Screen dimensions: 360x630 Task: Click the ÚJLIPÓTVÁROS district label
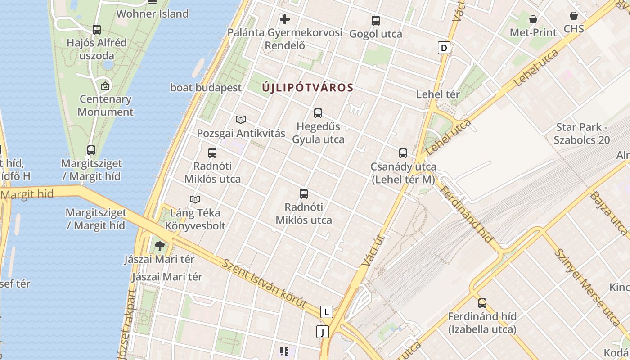click(x=308, y=88)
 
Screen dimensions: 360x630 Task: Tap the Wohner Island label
click(x=152, y=13)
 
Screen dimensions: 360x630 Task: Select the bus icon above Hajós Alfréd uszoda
click(x=97, y=30)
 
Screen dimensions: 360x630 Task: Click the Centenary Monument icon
click(x=105, y=85)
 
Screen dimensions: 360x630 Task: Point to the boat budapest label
click(x=206, y=88)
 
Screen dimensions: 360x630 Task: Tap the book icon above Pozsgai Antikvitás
click(x=241, y=120)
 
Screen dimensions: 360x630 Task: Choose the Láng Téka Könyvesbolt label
click(x=195, y=219)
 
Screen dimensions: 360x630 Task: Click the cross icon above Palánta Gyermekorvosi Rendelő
click(x=285, y=19)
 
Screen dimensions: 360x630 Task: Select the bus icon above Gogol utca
click(x=376, y=21)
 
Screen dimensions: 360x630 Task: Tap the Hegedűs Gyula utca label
click(x=318, y=133)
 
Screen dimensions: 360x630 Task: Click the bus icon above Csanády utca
click(x=403, y=153)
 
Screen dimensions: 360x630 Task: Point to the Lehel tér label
click(x=438, y=94)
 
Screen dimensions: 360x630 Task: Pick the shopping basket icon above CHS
click(x=574, y=16)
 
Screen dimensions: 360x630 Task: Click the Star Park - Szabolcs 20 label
click(x=582, y=134)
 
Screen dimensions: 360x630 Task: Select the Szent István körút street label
click(x=264, y=284)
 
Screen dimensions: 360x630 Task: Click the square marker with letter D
click(x=444, y=48)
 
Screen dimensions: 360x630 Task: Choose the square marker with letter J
click(x=322, y=332)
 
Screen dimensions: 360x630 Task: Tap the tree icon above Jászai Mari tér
click(x=159, y=246)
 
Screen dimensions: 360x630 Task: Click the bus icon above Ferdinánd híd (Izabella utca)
click(x=482, y=303)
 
